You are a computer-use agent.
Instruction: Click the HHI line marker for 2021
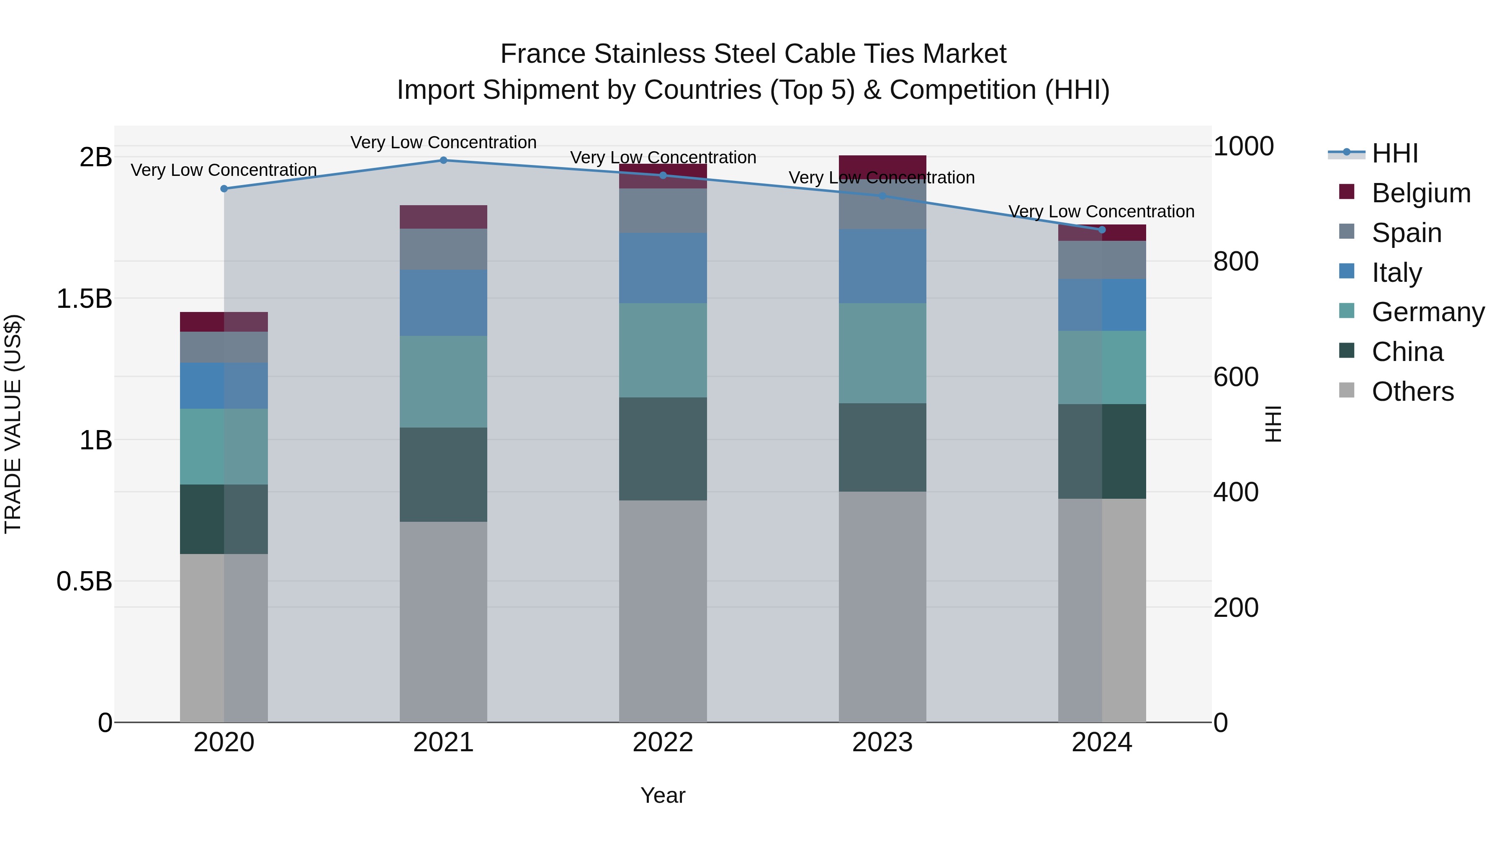point(443,160)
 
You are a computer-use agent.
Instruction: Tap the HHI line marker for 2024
point(1102,229)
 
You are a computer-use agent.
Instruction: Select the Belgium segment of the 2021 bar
point(443,217)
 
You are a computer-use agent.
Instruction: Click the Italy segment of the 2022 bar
point(663,268)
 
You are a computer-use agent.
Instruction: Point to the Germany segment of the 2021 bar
point(443,381)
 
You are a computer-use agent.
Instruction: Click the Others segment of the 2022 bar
point(663,611)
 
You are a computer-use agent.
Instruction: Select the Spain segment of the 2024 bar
point(1102,260)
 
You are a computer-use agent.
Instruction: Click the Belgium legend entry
point(1420,193)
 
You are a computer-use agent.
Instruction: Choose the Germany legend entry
point(1427,312)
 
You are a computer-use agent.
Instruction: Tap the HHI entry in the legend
point(1395,153)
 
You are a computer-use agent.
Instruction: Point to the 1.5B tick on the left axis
point(84,299)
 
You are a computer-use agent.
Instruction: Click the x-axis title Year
point(663,795)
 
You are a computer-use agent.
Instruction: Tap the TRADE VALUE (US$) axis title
point(13,424)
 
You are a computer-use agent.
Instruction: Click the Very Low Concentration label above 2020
point(224,170)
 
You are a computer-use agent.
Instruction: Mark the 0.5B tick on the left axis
point(84,581)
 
